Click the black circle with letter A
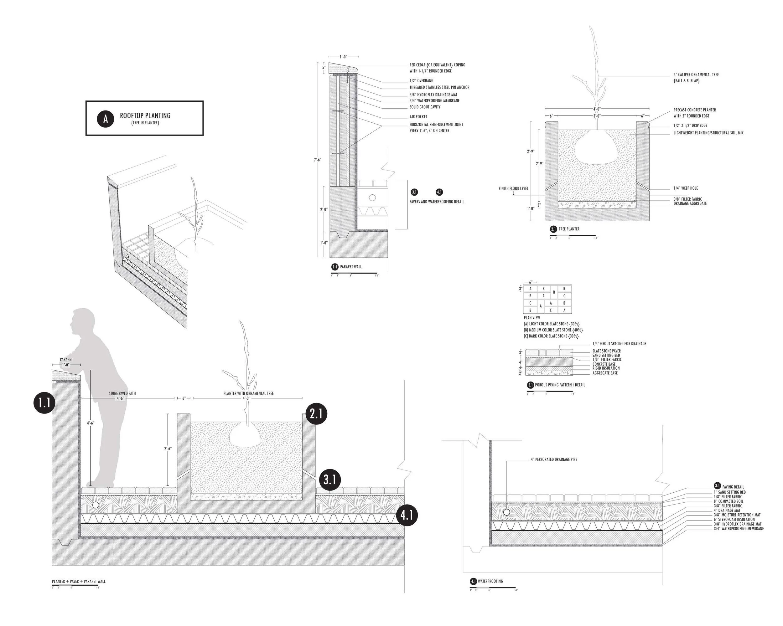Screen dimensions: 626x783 point(105,119)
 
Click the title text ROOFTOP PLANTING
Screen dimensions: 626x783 point(145,115)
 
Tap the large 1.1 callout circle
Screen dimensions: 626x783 point(44,403)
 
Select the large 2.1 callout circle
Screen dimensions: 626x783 point(316,414)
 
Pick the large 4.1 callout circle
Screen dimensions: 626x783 point(407,515)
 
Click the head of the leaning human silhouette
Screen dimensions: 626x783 point(80,321)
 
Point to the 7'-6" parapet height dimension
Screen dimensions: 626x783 point(318,160)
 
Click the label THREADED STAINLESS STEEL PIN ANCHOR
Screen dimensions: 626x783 point(439,87)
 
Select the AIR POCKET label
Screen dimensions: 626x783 point(418,117)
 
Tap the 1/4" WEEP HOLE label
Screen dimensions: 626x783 point(685,188)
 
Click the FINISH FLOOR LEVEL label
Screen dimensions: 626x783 point(513,189)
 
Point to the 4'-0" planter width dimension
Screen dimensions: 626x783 point(597,109)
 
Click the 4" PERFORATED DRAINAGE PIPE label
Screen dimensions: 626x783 point(553,459)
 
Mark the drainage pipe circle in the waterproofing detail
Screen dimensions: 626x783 point(507,512)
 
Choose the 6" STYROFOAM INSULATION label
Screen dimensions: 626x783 point(734,520)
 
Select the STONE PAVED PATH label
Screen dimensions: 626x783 point(122,393)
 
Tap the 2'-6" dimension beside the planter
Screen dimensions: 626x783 point(168,449)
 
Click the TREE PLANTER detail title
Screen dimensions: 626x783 point(569,229)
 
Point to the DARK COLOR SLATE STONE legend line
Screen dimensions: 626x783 point(551,336)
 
